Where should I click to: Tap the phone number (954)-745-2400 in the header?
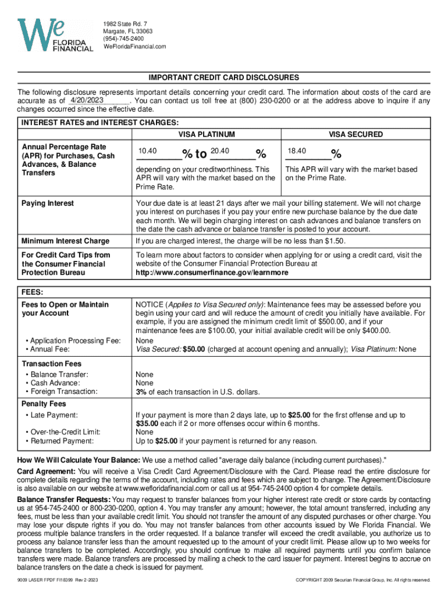click(x=124, y=38)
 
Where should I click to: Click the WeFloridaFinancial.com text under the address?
click(x=134, y=46)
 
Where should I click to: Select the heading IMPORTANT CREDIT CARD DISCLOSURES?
click(x=223, y=77)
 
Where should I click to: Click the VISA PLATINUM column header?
click(x=207, y=134)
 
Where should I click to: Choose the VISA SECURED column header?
click(x=355, y=134)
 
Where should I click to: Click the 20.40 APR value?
click(x=218, y=151)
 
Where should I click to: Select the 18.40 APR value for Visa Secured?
click(x=297, y=151)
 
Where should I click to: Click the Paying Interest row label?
click(x=48, y=203)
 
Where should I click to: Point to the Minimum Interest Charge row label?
click(x=65, y=241)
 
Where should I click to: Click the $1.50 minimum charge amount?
click(x=336, y=241)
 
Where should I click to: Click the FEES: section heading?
click(x=33, y=292)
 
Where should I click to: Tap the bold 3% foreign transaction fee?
click(x=141, y=392)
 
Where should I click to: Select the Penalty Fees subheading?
click(x=44, y=404)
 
